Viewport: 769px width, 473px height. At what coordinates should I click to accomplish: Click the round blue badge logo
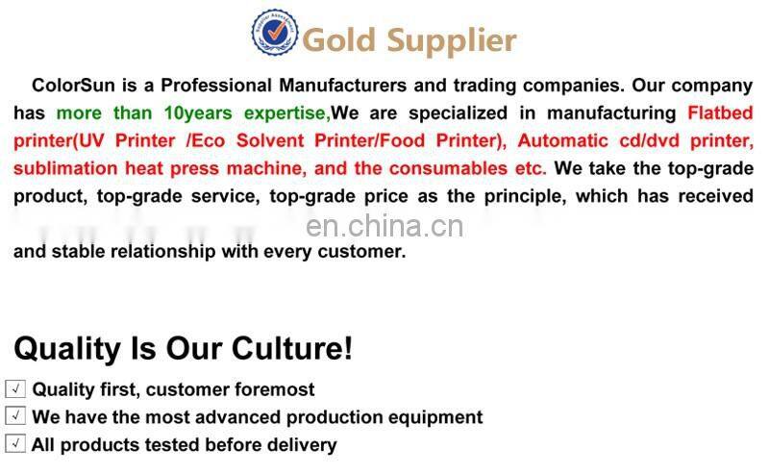(275, 33)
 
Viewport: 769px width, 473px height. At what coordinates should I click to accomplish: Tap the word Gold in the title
(341, 40)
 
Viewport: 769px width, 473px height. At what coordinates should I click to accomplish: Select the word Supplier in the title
(452, 41)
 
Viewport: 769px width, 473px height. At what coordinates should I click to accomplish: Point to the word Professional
(193, 86)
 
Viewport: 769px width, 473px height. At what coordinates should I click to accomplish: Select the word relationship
(205, 252)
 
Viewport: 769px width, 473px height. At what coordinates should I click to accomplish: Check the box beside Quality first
(15, 389)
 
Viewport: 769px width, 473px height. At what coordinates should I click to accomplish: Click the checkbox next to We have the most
(15, 416)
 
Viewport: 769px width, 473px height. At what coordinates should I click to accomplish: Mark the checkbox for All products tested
(15, 444)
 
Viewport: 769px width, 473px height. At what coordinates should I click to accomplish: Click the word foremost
(274, 389)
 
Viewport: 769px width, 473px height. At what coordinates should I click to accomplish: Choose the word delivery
(302, 445)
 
